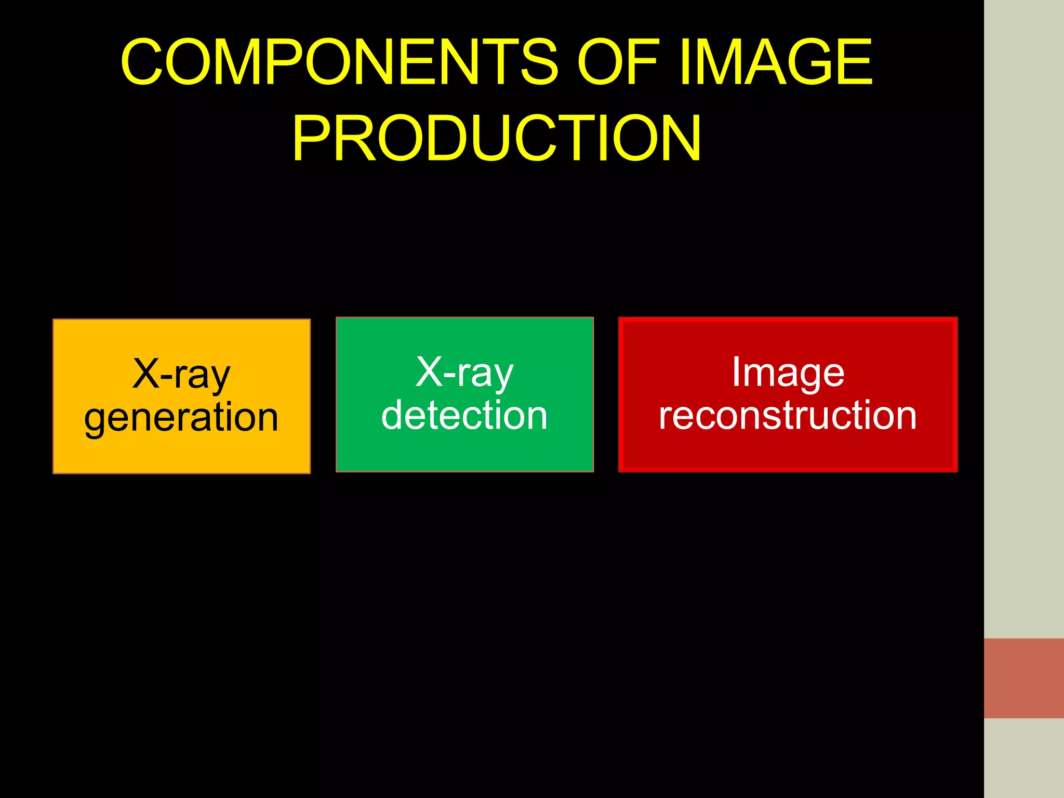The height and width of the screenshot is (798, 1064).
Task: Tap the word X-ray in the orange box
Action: pyautogui.click(x=181, y=374)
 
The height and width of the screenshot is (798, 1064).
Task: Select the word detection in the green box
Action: pyautogui.click(x=464, y=416)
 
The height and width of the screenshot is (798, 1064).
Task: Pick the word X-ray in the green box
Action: pyautogui.click(x=464, y=373)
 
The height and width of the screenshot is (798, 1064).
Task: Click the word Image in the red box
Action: pyautogui.click(x=788, y=373)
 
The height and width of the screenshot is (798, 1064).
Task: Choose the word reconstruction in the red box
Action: pyautogui.click(x=788, y=416)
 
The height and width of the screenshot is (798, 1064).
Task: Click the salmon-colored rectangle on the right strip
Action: pyautogui.click(x=1023, y=678)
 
